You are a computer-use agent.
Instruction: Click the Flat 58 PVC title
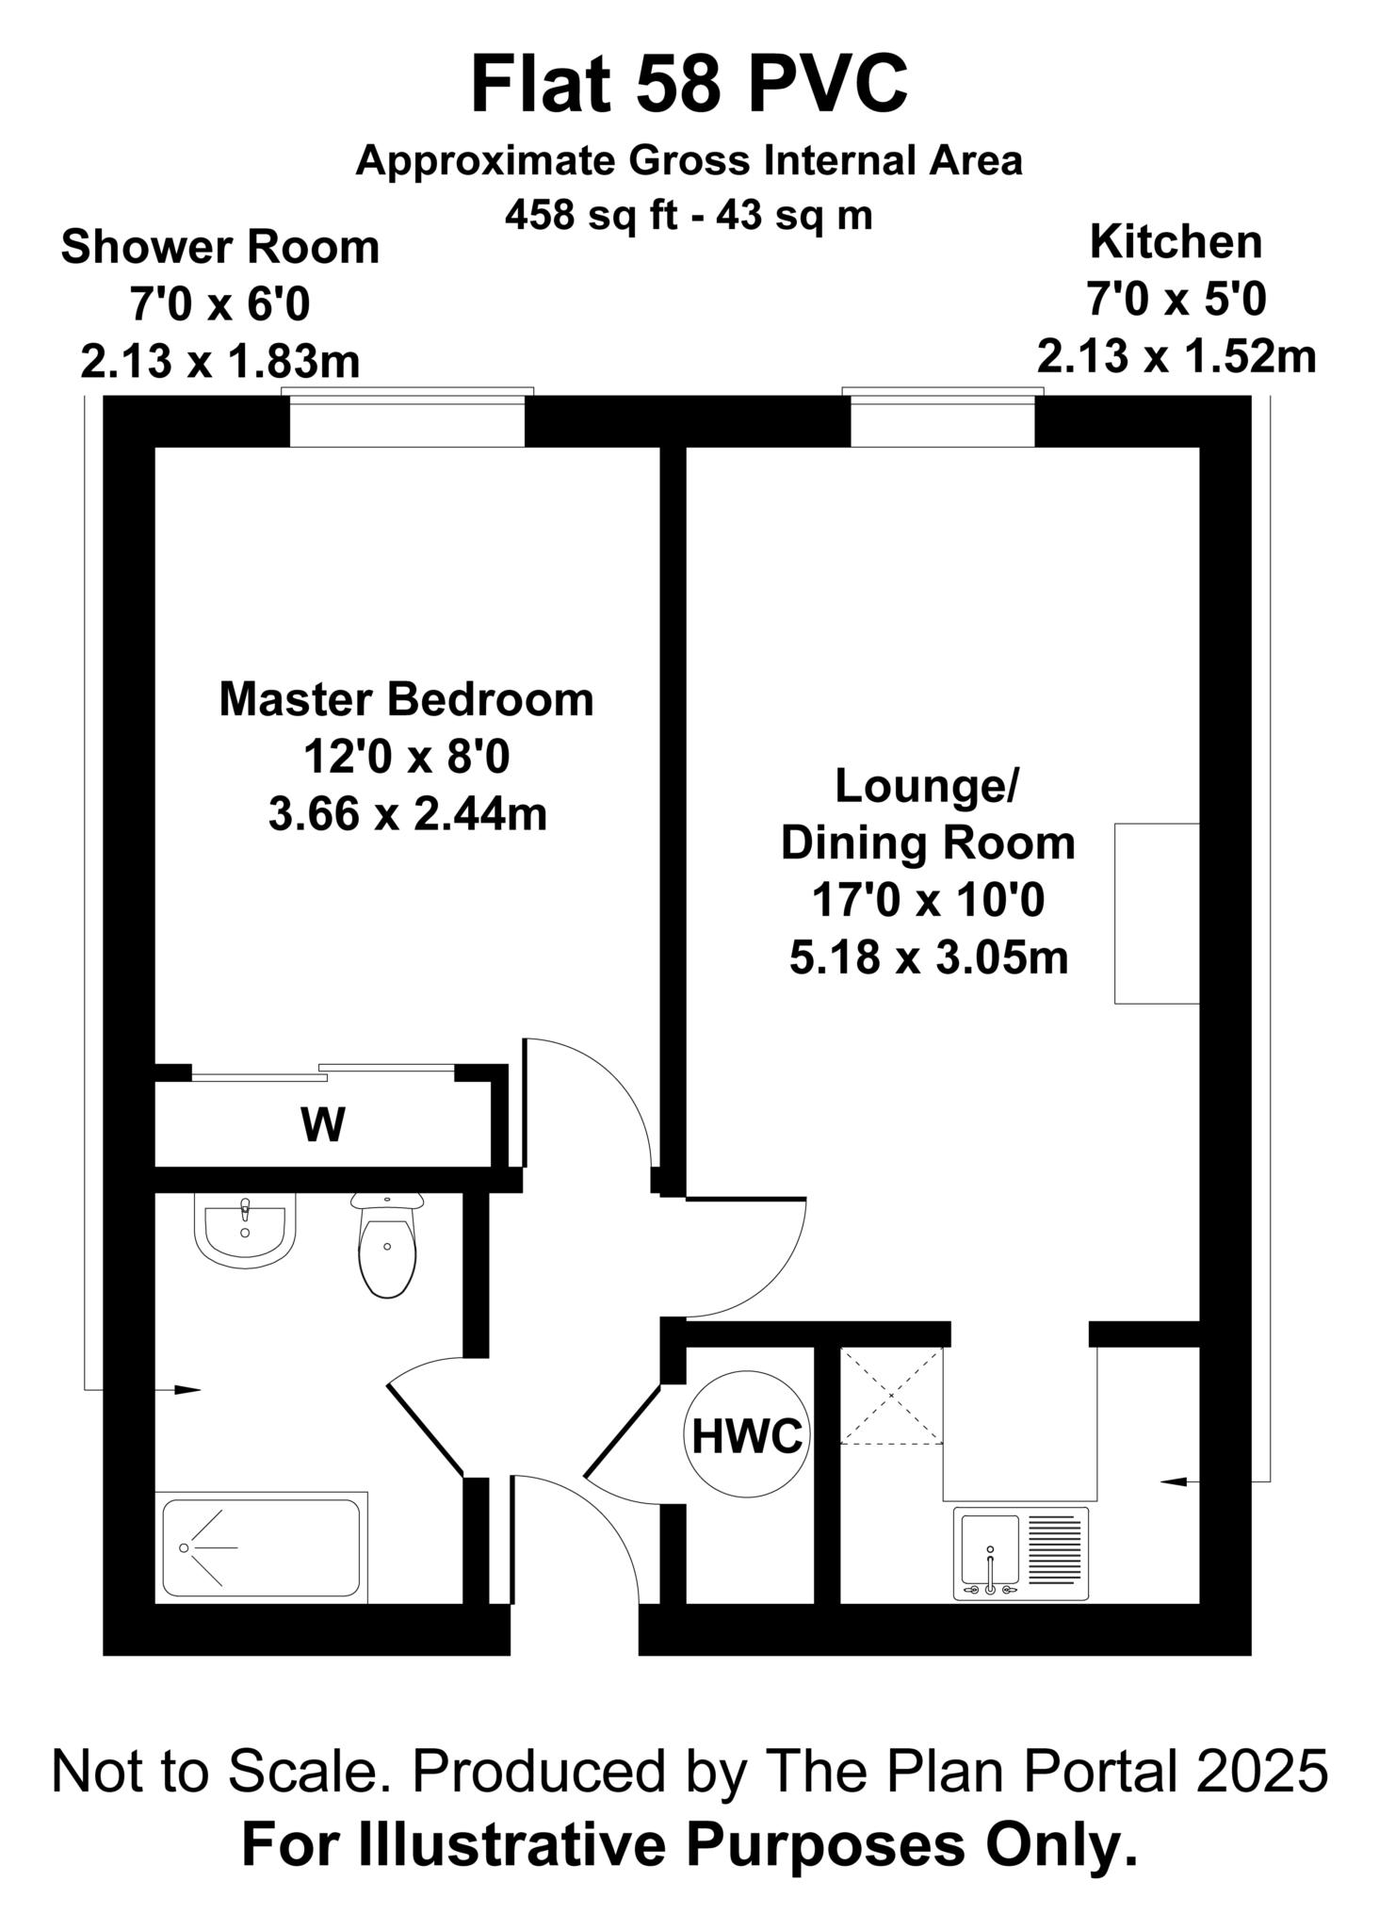(x=689, y=85)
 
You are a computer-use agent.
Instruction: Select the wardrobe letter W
(x=323, y=1124)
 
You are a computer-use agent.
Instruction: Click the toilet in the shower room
(x=386, y=1244)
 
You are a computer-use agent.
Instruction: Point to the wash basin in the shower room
(x=245, y=1231)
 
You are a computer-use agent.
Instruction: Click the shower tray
(x=261, y=1547)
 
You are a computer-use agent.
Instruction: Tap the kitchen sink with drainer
(x=1020, y=1553)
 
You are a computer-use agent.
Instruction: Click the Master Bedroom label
(x=407, y=700)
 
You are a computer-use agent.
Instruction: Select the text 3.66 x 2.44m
(x=408, y=814)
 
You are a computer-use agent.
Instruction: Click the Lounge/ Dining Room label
(x=928, y=814)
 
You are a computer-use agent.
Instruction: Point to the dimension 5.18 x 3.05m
(x=929, y=958)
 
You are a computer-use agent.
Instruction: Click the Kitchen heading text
(x=1176, y=242)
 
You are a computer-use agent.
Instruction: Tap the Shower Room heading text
(x=220, y=248)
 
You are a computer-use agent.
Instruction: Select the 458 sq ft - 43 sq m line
(x=689, y=216)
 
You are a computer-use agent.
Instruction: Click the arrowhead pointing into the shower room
(x=187, y=1389)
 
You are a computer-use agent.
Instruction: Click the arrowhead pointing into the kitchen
(x=1175, y=1482)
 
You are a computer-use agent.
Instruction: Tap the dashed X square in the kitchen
(x=891, y=1396)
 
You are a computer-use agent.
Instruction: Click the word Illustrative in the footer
(x=519, y=1846)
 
